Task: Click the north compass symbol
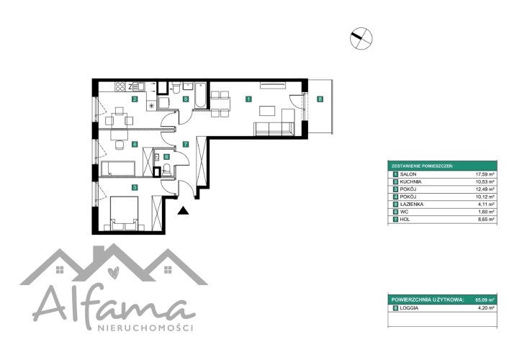[361, 38]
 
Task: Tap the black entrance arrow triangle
[184, 211]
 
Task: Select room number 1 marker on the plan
[248, 99]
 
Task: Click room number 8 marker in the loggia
[320, 99]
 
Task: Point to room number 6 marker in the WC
[166, 157]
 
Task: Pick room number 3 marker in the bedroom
[135, 187]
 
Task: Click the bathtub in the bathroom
[201, 94]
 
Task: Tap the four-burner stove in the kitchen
[120, 86]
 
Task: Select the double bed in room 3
[125, 214]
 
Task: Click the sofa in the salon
[274, 128]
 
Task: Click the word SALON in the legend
[408, 174]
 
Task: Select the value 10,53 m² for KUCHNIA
[485, 181]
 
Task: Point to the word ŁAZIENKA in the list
[412, 204]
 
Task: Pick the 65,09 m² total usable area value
[485, 300]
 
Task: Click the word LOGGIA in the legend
[409, 308]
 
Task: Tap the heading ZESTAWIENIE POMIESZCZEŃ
[423, 166]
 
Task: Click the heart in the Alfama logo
[113, 272]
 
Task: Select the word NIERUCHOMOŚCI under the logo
[145, 328]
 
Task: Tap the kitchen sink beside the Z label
[139, 86]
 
